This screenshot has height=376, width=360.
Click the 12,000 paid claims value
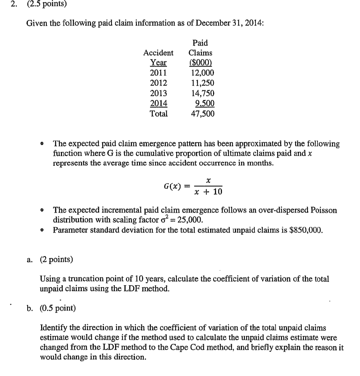point(202,73)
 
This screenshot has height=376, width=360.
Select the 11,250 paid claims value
point(202,83)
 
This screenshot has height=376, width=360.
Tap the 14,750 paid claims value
point(202,93)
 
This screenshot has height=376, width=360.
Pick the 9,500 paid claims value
point(205,103)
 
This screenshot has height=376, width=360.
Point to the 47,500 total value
point(202,113)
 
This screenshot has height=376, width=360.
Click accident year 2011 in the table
point(158,73)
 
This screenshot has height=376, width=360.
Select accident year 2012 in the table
point(158,83)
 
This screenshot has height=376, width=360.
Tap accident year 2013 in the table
point(158,93)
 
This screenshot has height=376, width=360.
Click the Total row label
point(158,113)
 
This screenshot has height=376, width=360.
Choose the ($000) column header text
point(201,63)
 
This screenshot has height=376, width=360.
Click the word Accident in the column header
point(158,53)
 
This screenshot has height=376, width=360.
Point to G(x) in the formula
point(172,186)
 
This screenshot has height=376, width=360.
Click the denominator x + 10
point(208,192)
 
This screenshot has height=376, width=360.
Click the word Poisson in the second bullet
point(324,210)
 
